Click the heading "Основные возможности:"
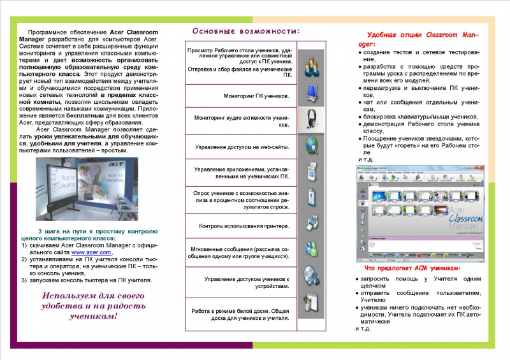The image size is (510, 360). (247, 31)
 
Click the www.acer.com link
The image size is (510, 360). (91, 252)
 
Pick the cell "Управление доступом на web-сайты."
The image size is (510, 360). (241, 147)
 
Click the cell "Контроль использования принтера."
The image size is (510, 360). (241, 226)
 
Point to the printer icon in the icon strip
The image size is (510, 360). (310, 222)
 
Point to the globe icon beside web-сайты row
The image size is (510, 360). (310, 145)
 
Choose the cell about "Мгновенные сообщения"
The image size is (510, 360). (241, 252)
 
